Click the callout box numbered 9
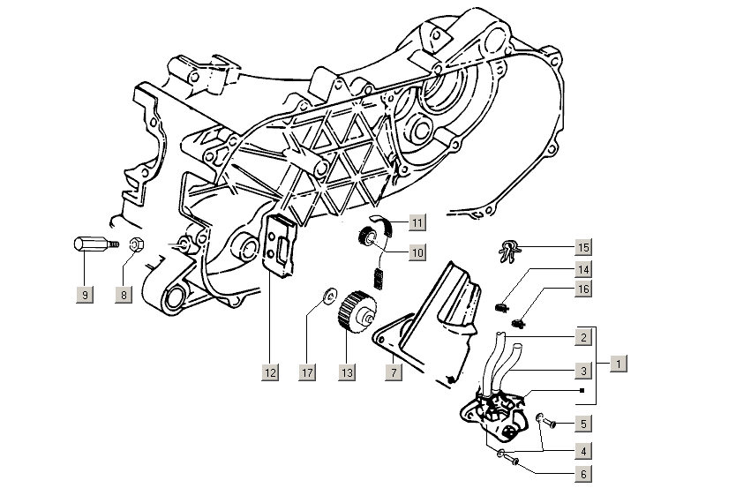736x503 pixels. tap(85, 295)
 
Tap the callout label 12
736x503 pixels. tap(270, 373)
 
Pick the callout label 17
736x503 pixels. tap(306, 373)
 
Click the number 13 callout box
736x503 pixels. tap(347, 373)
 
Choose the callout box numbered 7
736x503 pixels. tap(394, 373)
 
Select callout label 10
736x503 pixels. tap(417, 252)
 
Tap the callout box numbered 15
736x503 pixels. tap(583, 246)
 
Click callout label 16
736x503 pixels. tap(583, 289)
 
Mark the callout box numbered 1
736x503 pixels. tap(620, 363)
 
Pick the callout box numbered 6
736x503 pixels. tap(583, 474)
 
